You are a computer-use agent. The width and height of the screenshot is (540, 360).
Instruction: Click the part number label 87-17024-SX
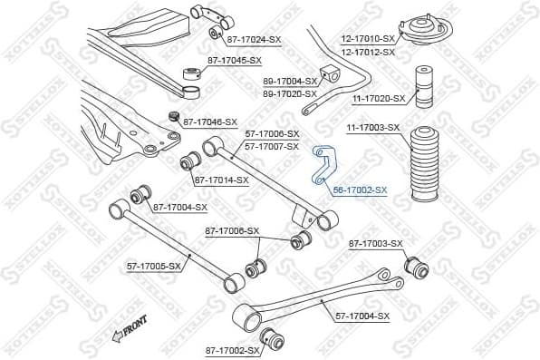click(x=254, y=40)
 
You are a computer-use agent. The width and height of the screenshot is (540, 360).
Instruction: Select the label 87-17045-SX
click(x=235, y=60)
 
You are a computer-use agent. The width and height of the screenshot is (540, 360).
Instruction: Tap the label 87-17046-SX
click(x=210, y=122)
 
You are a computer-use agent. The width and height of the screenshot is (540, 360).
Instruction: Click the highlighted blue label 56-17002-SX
click(x=360, y=190)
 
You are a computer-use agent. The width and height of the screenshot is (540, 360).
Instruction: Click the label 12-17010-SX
click(x=368, y=39)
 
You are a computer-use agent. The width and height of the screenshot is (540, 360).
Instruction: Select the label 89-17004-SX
click(x=290, y=81)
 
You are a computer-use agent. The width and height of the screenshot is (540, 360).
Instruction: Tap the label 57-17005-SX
click(x=153, y=266)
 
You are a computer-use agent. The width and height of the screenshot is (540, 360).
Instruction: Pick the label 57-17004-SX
click(x=362, y=316)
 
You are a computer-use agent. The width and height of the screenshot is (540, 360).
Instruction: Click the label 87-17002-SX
click(x=233, y=350)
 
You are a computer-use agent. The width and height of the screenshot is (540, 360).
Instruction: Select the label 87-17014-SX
click(x=221, y=180)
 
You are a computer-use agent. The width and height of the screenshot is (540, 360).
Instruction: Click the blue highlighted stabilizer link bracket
click(x=323, y=166)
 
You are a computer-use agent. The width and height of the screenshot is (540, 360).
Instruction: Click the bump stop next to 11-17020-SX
click(x=422, y=89)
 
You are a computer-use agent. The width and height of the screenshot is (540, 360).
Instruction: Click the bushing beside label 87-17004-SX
click(x=140, y=195)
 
